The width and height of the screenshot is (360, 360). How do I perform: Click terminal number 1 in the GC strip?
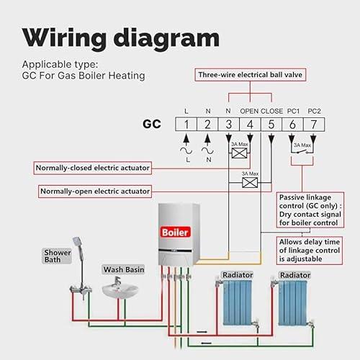pos(186,125)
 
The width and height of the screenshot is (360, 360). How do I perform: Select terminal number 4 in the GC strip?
pos(250,125)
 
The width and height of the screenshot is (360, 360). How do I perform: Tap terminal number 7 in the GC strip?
pos(314,125)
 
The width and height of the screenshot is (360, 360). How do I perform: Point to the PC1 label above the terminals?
pos(293,111)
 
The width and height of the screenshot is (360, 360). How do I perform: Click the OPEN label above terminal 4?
pos(249,111)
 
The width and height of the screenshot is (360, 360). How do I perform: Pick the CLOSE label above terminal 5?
pos(271,111)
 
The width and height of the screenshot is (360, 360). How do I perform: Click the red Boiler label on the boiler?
pos(175,232)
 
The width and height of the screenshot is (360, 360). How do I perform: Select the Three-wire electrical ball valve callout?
pos(251,75)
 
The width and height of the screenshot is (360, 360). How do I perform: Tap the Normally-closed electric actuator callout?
pos(93,168)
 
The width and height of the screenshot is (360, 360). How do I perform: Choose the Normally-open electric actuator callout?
pos(95,192)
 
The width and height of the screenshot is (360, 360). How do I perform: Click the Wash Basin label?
pos(124,269)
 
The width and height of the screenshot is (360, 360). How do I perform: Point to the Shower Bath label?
pos(57,256)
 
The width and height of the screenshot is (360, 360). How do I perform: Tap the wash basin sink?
pos(120,289)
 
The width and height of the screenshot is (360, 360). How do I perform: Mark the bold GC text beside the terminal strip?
pos(152,124)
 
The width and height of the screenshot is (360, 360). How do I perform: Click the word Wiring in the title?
pos(64,38)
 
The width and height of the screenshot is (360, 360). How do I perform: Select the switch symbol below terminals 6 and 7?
pos(302,152)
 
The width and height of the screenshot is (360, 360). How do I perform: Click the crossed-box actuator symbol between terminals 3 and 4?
pos(239,153)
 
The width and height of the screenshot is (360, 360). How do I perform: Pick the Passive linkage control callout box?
pos(310,210)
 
